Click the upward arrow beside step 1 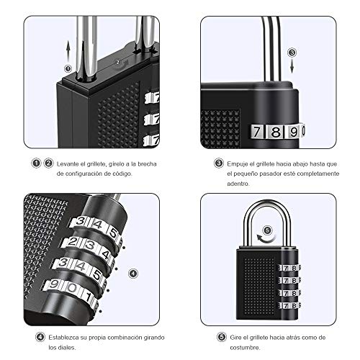tap(68, 52)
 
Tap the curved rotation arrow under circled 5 tap(266, 238)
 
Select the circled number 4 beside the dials tap(133, 274)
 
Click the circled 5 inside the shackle tap(267, 230)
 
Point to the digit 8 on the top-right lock tap(276, 131)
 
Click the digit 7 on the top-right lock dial tap(257, 132)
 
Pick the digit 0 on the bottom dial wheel tap(72, 288)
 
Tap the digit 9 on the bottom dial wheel tap(54, 284)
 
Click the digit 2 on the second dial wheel tap(72, 242)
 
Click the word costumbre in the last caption tap(245, 348)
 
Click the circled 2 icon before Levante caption tap(48, 163)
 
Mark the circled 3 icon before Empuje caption tap(219, 163)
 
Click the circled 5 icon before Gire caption tap(222, 337)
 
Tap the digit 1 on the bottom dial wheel tap(89, 297)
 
